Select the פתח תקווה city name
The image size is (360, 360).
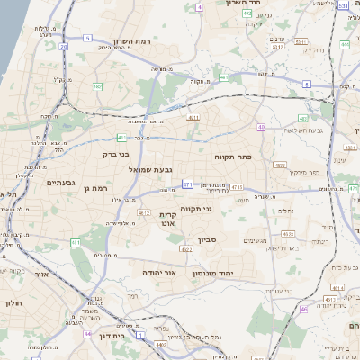pos(233,157)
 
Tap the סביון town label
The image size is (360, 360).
pos(209,240)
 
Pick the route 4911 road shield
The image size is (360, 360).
pos(193,116)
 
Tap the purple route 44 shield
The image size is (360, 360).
pos(87,334)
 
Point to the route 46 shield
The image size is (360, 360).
pos(305,309)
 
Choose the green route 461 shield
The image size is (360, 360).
pos(76,242)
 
